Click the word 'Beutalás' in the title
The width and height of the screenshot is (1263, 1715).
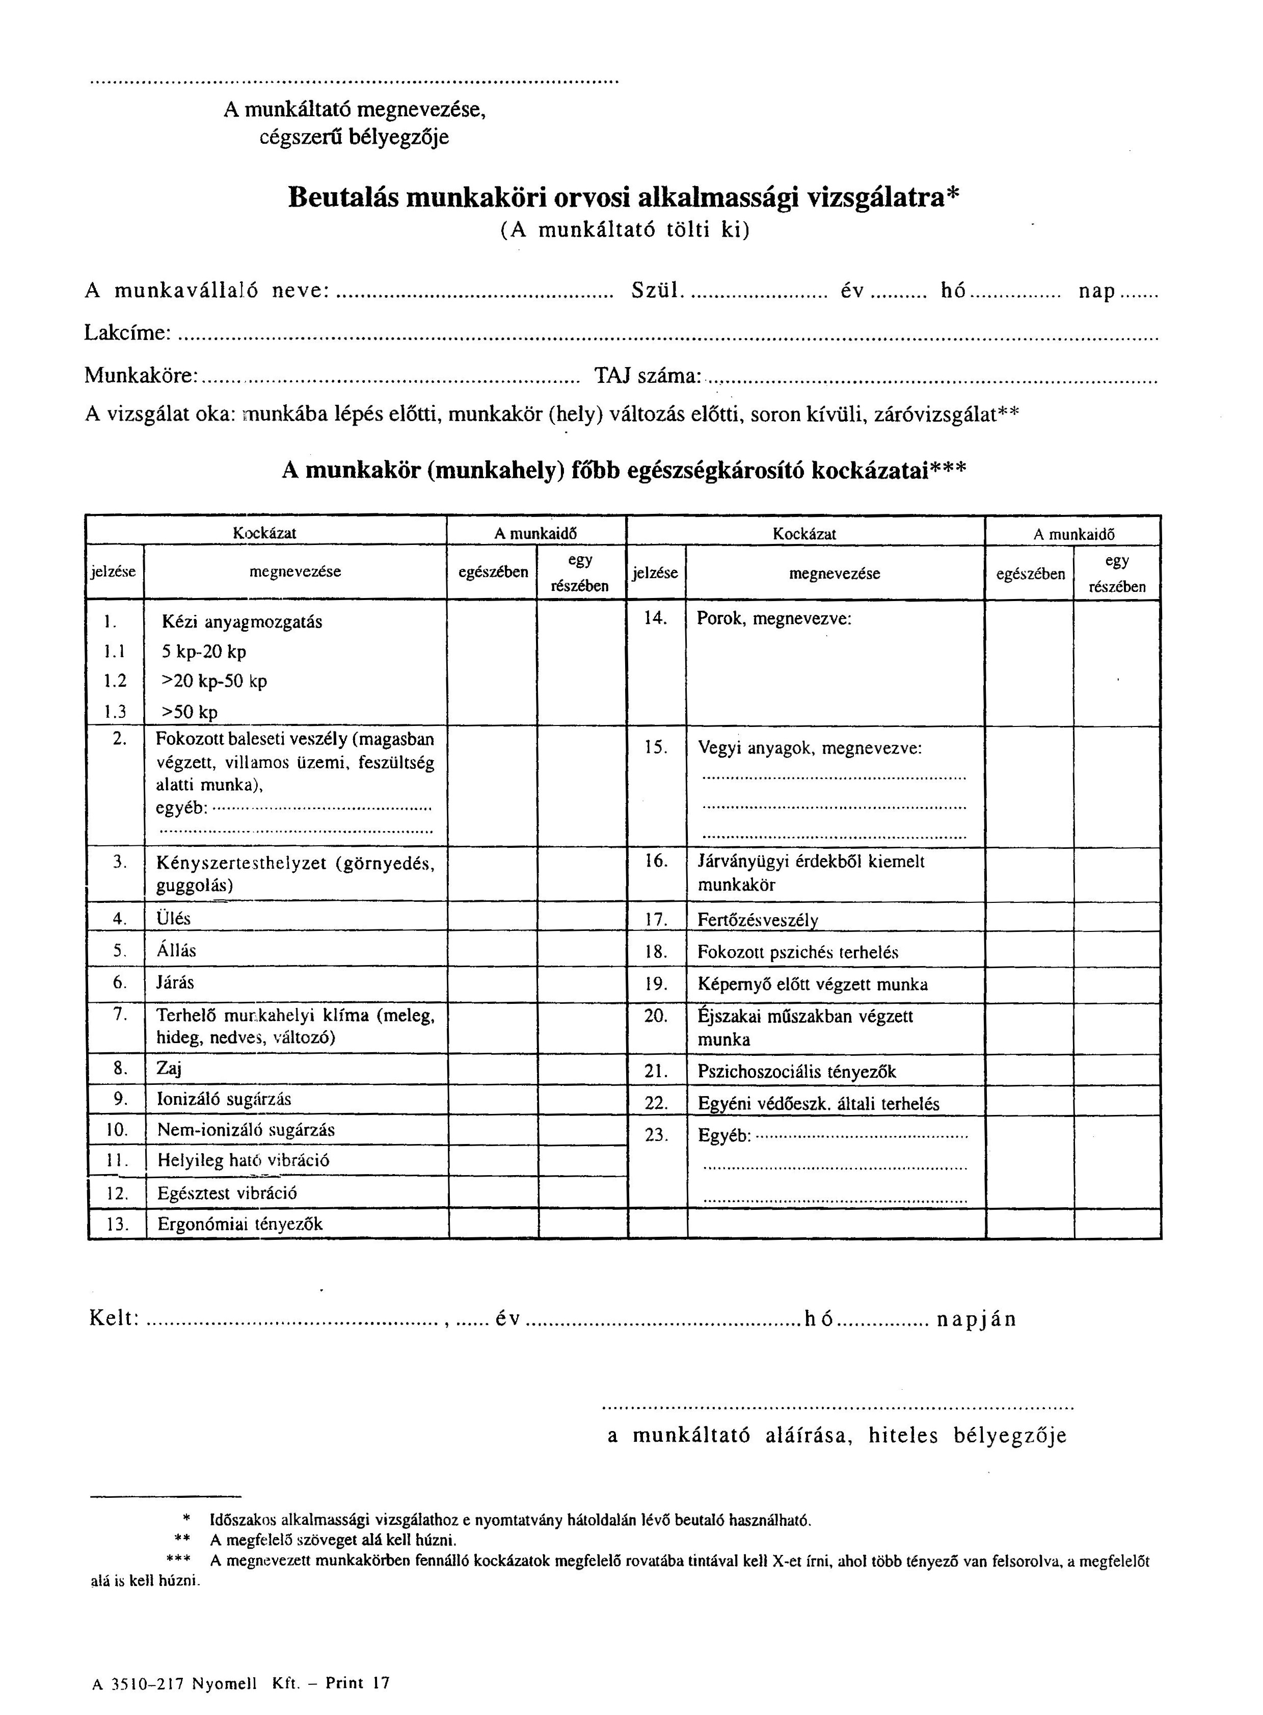342,198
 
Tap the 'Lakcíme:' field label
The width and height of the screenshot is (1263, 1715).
126,333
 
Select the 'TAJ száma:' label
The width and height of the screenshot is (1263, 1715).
649,376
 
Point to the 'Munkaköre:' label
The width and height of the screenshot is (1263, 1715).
142,376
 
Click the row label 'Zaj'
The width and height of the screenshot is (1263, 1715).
169,1069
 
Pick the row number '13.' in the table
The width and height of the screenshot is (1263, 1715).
117,1224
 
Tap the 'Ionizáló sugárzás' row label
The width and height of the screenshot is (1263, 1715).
224,1099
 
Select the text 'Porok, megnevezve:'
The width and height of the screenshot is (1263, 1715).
774,618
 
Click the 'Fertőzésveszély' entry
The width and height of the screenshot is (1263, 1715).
758,920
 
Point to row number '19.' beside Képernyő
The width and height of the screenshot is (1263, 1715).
656,984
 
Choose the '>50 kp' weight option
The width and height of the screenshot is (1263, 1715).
190,712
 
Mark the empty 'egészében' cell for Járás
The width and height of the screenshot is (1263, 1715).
492,984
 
